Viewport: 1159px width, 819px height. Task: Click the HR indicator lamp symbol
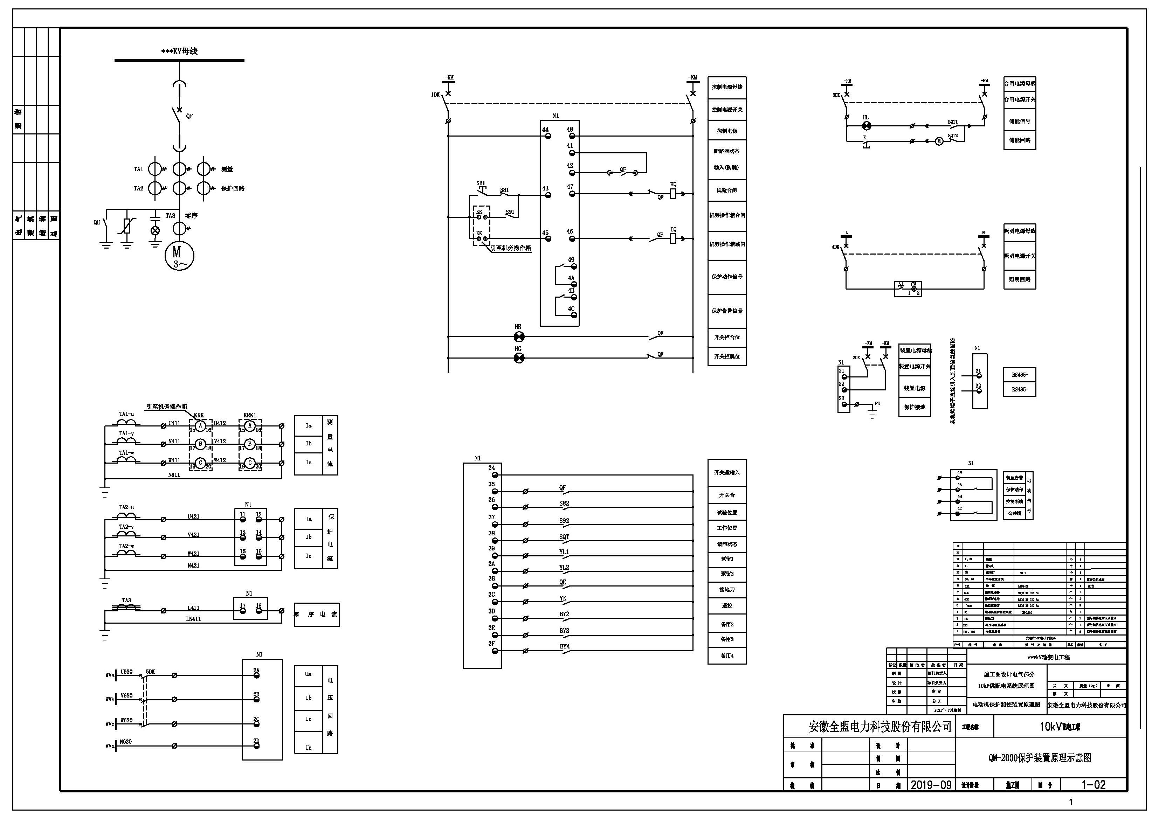(518, 336)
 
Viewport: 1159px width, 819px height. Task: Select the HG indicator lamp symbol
(518, 358)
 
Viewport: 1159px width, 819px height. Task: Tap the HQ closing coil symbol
(673, 193)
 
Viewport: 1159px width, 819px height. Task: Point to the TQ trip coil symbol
(673, 238)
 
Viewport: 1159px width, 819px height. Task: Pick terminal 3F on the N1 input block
(492, 644)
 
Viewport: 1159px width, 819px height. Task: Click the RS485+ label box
(1019, 375)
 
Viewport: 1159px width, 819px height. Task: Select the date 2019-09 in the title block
(931, 785)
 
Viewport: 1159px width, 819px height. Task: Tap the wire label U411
(174, 423)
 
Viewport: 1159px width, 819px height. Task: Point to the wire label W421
(193, 554)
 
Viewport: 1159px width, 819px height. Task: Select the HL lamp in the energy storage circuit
(866, 126)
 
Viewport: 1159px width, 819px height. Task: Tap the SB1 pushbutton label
(481, 184)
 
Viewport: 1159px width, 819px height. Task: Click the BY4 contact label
(564, 646)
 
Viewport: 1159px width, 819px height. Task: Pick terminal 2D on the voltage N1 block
(256, 741)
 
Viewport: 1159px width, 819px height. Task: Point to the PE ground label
(877, 404)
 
